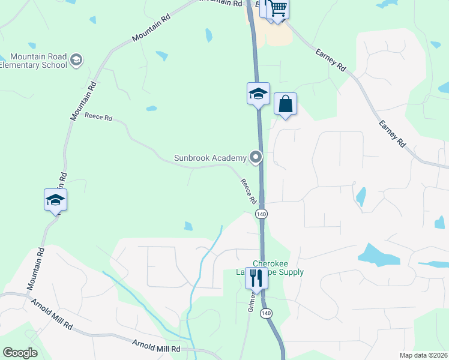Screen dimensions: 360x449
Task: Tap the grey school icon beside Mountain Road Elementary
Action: point(76,59)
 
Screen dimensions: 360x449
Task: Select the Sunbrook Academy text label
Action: point(210,158)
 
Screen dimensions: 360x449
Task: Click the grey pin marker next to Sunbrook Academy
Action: point(256,158)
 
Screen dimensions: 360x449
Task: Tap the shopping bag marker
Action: point(286,104)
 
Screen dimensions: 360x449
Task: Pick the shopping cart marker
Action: point(278,9)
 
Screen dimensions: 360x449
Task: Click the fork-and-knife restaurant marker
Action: point(257,278)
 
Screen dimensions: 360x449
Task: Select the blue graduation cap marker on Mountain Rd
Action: point(55,200)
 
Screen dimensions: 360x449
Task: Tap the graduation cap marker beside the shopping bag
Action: point(258,94)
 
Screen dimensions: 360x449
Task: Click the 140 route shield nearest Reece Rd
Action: point(261,214)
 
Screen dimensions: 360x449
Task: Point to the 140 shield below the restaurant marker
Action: point(267,313)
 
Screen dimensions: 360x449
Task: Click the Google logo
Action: point(20,353)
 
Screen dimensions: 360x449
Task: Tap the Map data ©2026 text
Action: point(423,355)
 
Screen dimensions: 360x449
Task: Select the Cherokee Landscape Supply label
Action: point(278,268)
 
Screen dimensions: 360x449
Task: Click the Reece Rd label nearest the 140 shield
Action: point(249,191)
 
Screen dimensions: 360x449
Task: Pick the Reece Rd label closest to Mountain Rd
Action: point(98,118)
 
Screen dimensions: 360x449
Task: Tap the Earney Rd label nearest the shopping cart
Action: point(331,60)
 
